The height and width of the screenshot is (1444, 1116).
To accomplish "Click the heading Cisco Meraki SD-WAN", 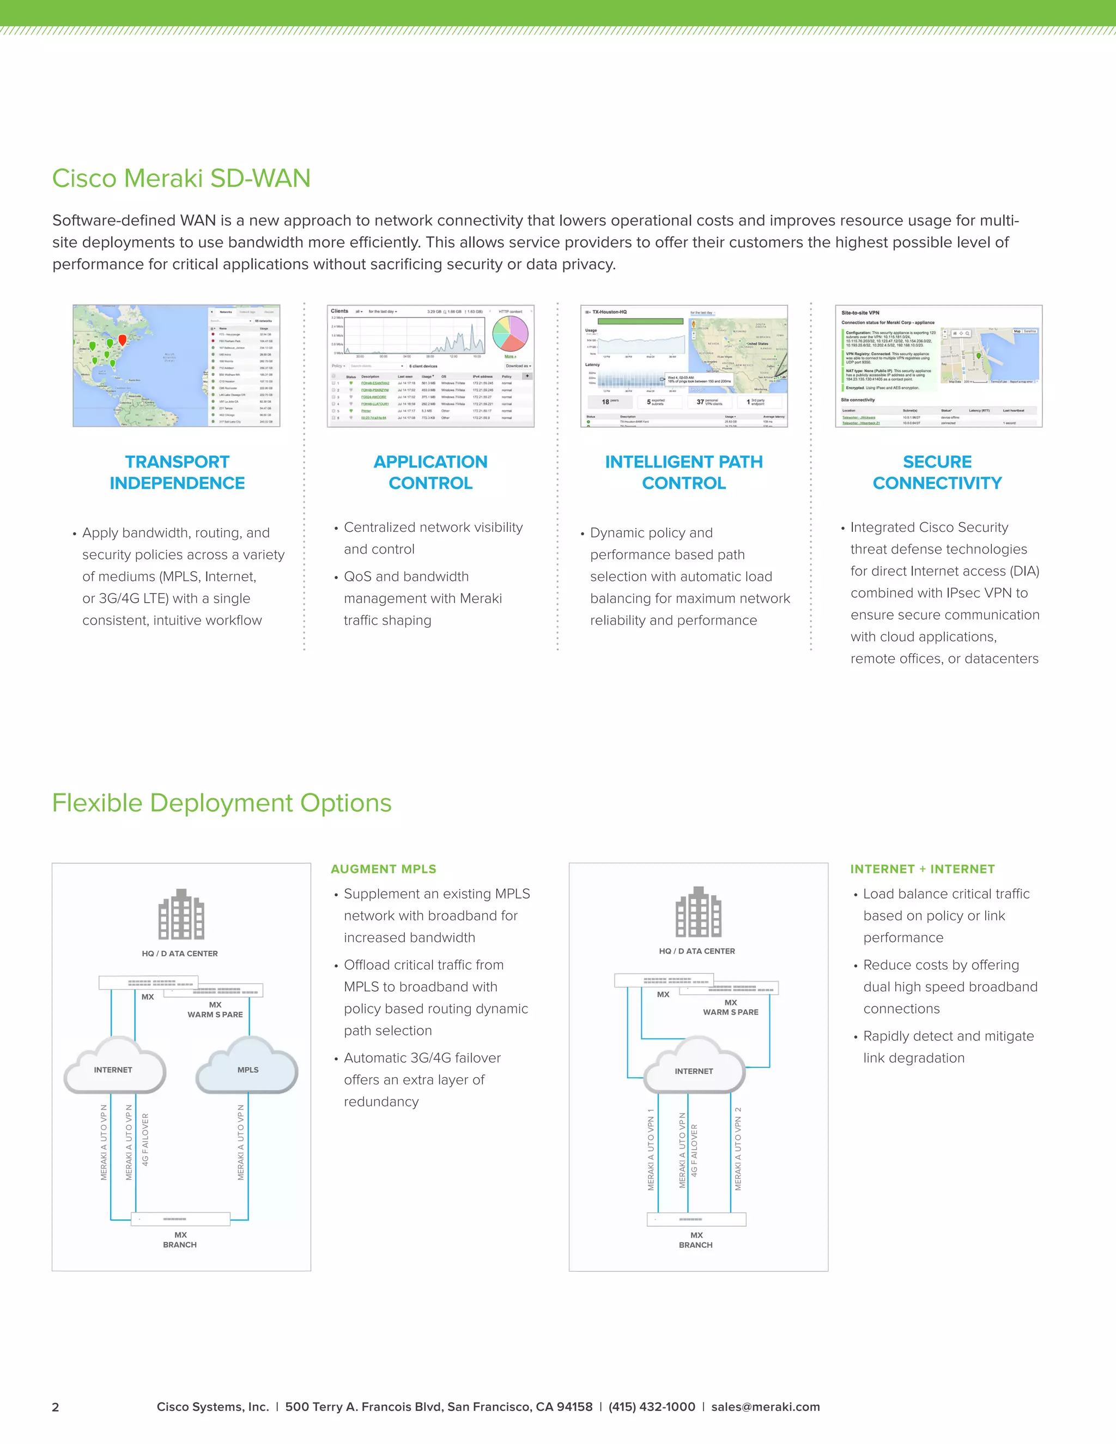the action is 181,179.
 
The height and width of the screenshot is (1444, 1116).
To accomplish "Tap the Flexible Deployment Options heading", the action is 221,803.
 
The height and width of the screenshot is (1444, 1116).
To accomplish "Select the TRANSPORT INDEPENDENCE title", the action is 177,472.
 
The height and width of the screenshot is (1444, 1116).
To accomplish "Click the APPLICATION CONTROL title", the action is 430,472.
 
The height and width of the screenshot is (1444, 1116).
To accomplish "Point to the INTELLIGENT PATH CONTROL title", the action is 684,472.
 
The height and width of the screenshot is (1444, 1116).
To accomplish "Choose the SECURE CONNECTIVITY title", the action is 937,472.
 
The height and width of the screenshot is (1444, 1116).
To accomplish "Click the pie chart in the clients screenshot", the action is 511,333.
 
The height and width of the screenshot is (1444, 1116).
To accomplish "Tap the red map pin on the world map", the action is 122,340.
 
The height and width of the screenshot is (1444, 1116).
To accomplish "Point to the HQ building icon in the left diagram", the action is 181,915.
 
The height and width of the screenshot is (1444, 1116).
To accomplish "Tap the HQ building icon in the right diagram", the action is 698,912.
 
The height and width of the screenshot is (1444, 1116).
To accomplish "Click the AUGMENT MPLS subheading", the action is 384,869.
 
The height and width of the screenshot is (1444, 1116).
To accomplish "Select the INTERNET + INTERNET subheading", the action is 923,869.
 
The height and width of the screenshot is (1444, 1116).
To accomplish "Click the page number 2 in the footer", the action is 56,1407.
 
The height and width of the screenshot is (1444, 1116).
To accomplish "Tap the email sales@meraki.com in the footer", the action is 765,1406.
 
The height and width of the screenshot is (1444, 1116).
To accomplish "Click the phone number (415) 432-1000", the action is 651,1406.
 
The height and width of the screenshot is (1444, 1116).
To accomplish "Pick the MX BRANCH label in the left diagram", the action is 180,1240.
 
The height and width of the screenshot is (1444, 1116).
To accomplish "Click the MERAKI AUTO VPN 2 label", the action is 738,1149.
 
